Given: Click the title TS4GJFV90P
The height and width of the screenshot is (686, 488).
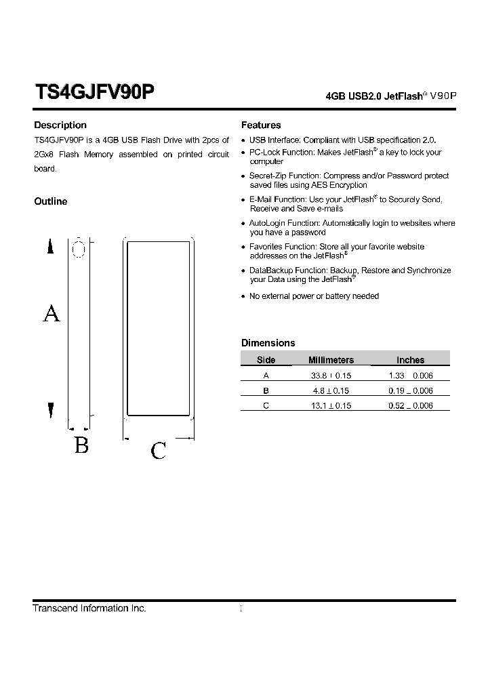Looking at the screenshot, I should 94,92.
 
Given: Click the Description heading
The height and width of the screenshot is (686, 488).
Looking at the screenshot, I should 60,125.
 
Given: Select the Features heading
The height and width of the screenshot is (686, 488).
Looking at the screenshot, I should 261,125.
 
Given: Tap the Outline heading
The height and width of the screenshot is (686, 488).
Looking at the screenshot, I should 51,201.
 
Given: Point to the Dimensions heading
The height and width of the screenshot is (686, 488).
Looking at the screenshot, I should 268,343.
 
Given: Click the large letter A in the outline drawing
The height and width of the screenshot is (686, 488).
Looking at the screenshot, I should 52,313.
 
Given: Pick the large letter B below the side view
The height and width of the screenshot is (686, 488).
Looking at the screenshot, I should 81,445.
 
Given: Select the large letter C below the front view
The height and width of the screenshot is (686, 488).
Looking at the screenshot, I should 159,451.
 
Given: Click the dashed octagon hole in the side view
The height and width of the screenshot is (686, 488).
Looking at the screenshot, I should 79,249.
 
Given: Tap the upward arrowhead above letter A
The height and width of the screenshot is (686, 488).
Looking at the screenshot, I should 50,247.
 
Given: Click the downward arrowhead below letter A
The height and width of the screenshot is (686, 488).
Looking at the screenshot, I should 50,410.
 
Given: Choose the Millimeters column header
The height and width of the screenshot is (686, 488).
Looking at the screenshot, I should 331,360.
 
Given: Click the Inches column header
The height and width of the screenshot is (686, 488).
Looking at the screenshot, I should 410,360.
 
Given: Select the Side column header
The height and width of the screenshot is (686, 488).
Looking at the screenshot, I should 266,360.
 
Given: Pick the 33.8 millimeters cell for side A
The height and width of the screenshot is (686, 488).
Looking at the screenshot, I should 331,376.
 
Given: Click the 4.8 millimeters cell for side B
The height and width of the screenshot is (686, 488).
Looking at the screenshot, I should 331,390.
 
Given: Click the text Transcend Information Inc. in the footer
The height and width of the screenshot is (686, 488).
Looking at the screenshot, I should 89,608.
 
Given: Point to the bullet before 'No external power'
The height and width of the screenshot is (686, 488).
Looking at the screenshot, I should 243,297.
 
